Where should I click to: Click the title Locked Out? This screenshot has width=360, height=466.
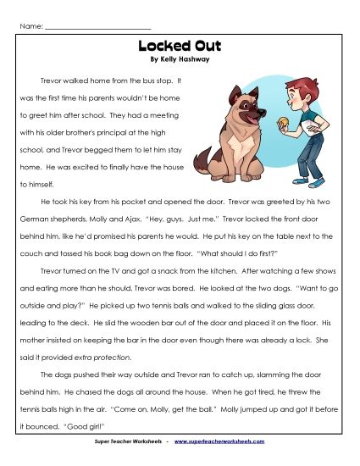(x=180, y=48)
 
